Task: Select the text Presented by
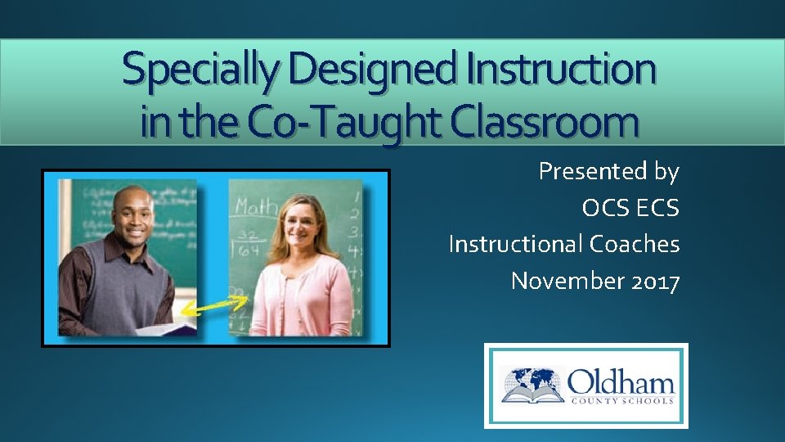(608, 171)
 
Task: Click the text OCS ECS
(630, 208)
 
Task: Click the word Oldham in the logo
(621, 381)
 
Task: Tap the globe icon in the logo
(532, 381)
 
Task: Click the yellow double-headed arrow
(215, 306)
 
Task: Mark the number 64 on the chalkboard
(253, 246)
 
